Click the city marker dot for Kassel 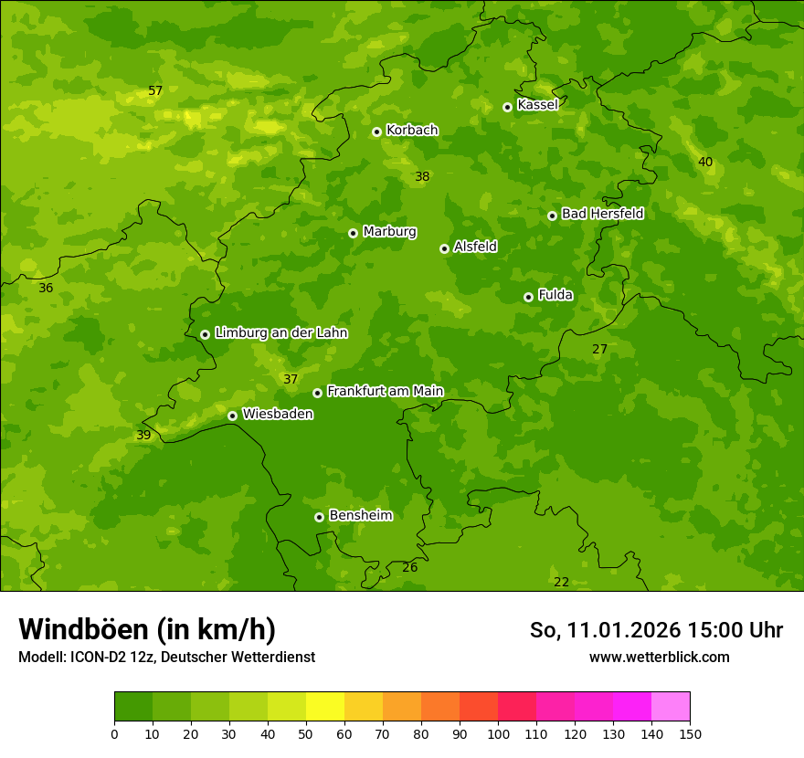click(507, 107)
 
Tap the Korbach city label click(412, 131)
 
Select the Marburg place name click(389, 232)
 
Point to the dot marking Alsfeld click(444, 248)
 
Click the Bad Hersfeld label click(602, 214)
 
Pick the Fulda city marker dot click(528, 297)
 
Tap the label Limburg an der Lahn click(280, 333)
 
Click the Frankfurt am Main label click(385, 392)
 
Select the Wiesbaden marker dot click(232, 416)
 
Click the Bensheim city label click(360, 516)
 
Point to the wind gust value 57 click(155, 90)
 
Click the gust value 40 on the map click(705, 162)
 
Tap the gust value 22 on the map click(561, 582)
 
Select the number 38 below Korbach click(422, 176)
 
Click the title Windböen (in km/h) click(147, 629)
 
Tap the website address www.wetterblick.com click(659, 657)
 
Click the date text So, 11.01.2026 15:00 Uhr click(656, 630)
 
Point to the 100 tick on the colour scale click(498, 733)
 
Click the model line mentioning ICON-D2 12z click(166, 658)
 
